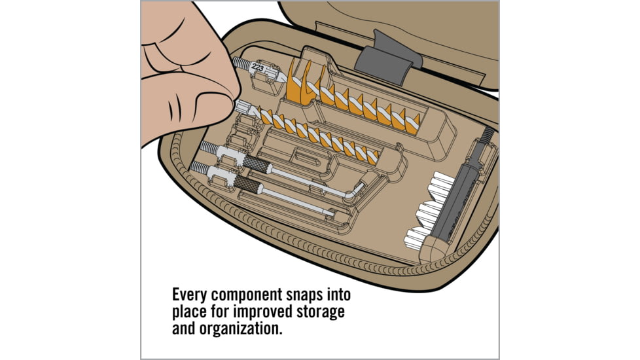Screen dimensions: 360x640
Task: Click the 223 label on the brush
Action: coord(258,65)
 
